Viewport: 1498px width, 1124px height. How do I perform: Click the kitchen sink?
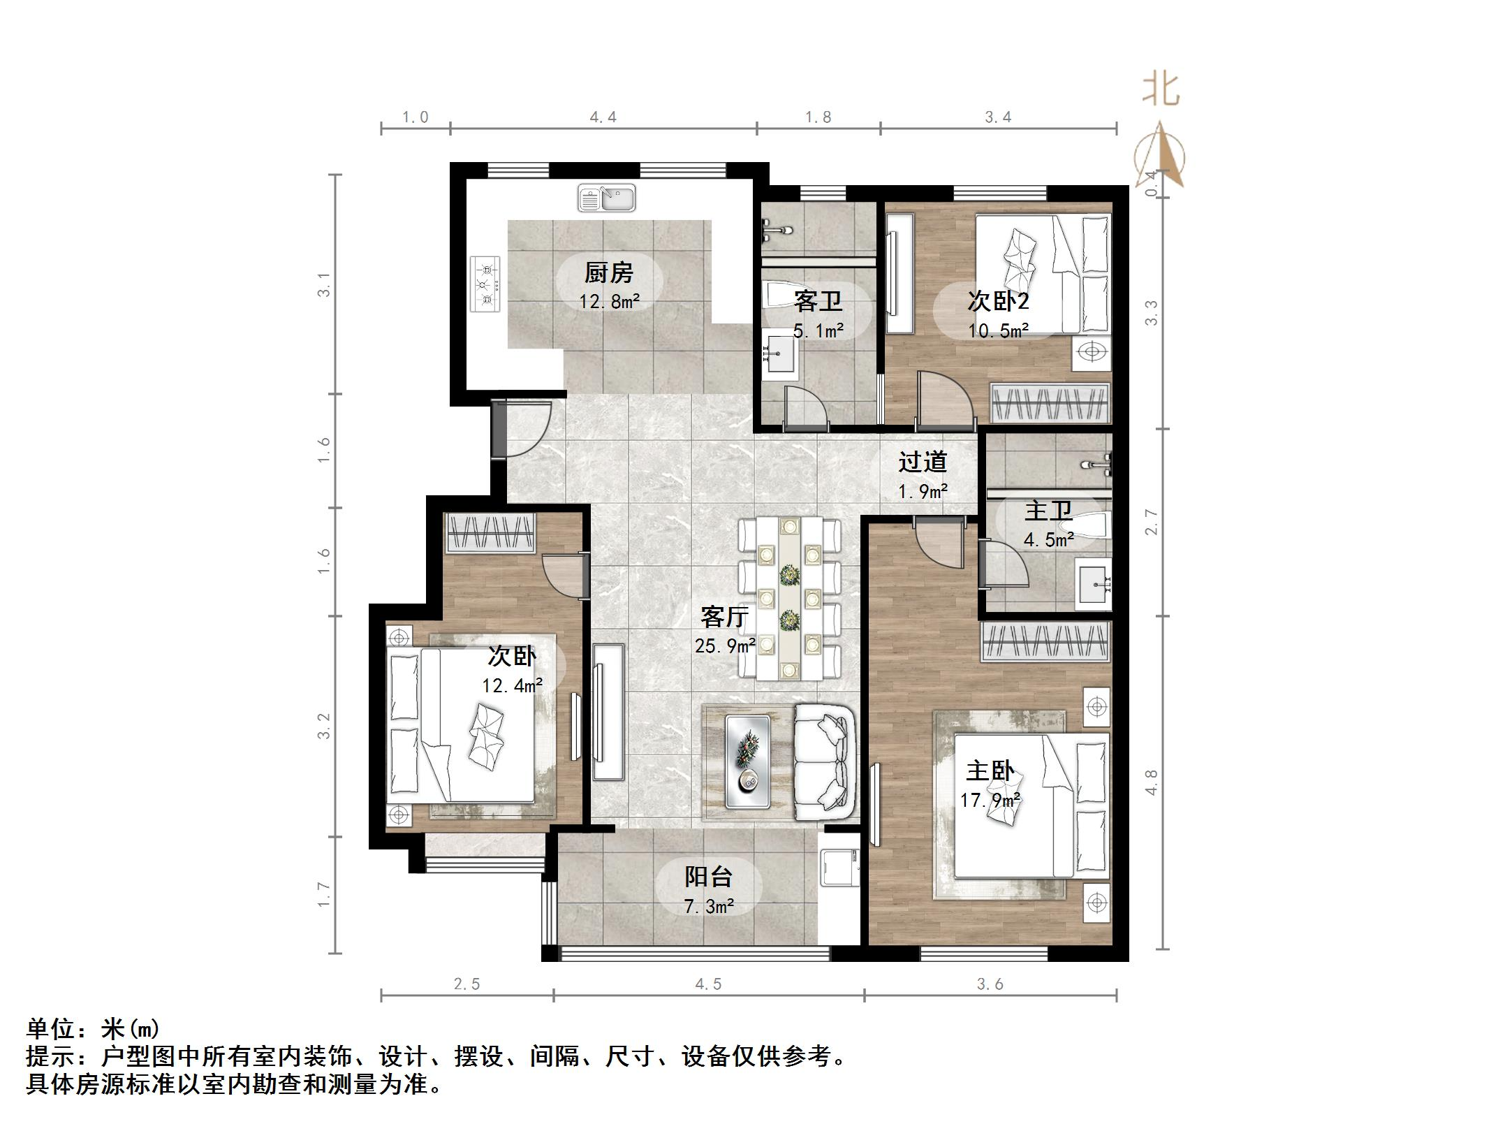click(x=606, y=198)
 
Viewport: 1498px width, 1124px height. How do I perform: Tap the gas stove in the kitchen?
click(x=485, y=284)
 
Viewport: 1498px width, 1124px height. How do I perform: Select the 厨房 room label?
click(x=609, y=272)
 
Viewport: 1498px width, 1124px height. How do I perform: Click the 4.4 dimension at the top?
click(x=603, y=117)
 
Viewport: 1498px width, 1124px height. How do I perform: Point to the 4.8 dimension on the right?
click(x=1151, y=782)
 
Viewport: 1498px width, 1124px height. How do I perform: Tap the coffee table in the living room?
click(x=747, y=761)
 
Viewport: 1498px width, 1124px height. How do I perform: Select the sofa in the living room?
click(x=825, y=762)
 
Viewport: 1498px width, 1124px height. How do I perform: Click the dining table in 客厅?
click(x=790, y=598)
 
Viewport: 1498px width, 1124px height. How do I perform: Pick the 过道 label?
click(x=923, y=462)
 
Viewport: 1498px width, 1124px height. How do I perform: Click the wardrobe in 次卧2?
click(x=1050, y=403)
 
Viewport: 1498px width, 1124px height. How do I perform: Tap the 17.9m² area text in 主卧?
click(x=990, y=800)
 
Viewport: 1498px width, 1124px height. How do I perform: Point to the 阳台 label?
click(x=708, y=876)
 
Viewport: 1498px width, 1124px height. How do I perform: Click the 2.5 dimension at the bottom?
click(x=467, y=984)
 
